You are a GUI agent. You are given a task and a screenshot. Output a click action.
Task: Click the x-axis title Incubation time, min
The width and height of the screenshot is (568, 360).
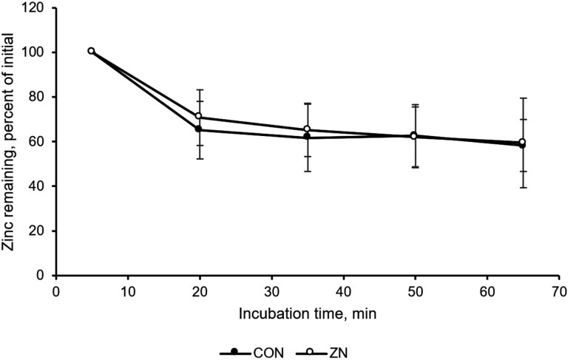308,313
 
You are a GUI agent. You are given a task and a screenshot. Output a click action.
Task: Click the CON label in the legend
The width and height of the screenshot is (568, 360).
268,353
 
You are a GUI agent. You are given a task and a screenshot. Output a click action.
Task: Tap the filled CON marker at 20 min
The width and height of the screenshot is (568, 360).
198,129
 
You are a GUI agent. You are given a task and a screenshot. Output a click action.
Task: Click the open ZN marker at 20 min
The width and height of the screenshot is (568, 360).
198,116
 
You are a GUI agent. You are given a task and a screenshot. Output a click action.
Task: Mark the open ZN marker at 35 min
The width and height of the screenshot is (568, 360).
307,129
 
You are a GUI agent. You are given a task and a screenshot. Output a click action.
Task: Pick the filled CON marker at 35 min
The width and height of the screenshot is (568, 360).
307,136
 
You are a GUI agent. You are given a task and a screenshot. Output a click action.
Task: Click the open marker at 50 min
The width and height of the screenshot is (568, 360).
413,135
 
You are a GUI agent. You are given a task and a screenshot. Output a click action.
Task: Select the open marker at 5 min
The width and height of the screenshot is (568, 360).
91,51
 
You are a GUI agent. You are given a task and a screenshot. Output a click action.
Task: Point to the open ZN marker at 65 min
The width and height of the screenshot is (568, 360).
522,142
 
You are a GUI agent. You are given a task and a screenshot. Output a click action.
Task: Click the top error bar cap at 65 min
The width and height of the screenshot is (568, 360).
523,98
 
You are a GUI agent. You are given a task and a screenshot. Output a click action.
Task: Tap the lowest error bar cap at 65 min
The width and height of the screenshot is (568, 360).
523,188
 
